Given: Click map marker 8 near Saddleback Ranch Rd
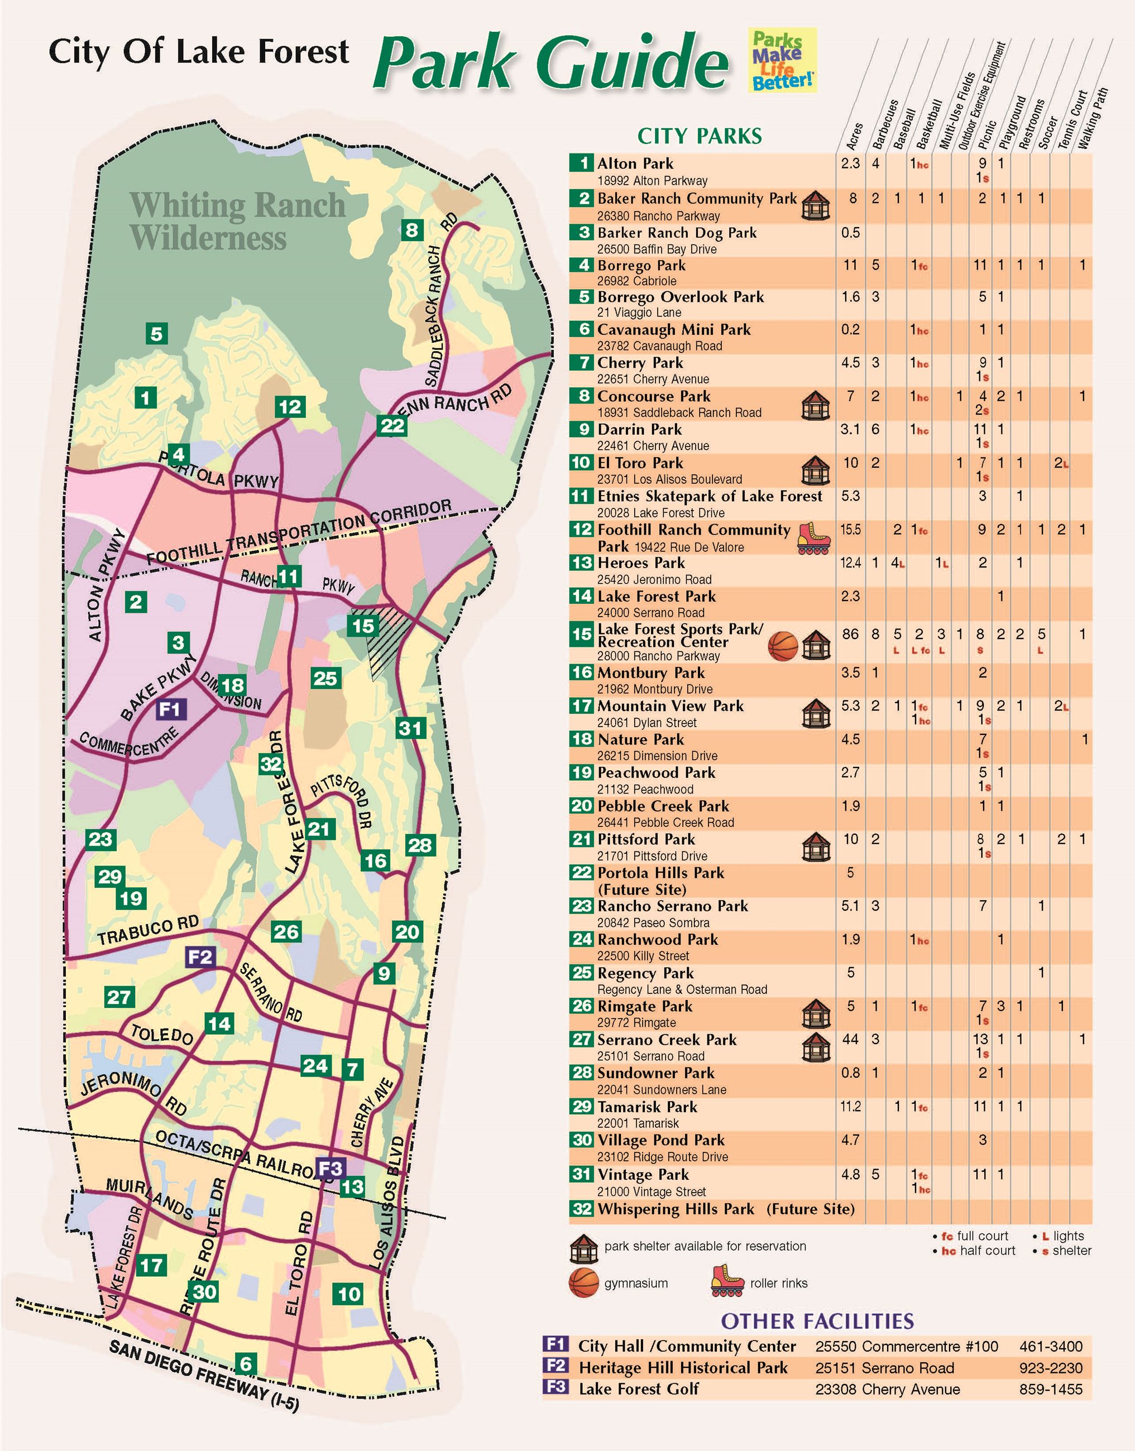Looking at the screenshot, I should point(412,230).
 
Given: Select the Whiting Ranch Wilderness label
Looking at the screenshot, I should point(237,220).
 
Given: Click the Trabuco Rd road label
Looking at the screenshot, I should point(148,930).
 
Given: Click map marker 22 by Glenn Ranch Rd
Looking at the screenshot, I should point(392,425).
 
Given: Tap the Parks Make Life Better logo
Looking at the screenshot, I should point(782,60).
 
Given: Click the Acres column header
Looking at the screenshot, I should point(855,136).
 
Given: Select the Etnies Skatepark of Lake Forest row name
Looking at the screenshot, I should point(709,496).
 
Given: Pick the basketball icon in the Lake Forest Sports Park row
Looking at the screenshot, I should point(783,646).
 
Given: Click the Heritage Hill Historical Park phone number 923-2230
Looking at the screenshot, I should point(1051,1368).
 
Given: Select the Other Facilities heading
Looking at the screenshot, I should point(817,1321).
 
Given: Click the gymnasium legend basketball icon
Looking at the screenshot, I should point(584,1283).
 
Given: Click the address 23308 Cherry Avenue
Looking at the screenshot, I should point(887,1389).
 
